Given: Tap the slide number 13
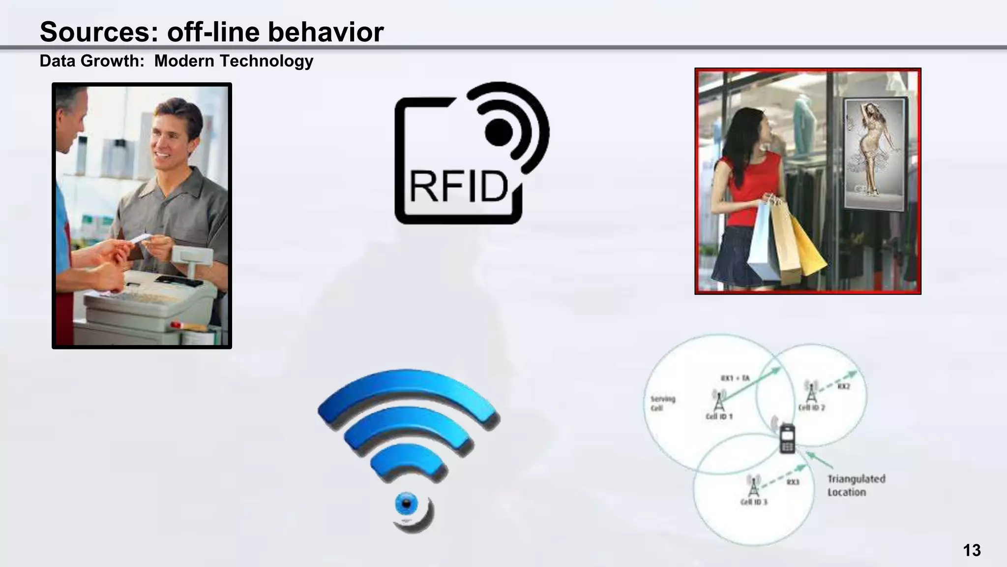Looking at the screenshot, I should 972,550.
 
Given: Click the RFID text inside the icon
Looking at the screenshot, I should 458,187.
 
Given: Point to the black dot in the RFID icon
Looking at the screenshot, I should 499,132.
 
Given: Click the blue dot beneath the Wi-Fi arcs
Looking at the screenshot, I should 406,504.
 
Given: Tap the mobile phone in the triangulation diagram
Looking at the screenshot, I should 787,438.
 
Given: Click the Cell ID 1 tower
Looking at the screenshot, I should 718,401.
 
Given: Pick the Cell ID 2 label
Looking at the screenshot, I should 811,408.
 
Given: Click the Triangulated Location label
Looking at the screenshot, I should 856,485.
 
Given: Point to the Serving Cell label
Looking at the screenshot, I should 662,403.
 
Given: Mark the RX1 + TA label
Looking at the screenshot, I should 735,378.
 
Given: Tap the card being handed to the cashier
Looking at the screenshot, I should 141,238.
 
